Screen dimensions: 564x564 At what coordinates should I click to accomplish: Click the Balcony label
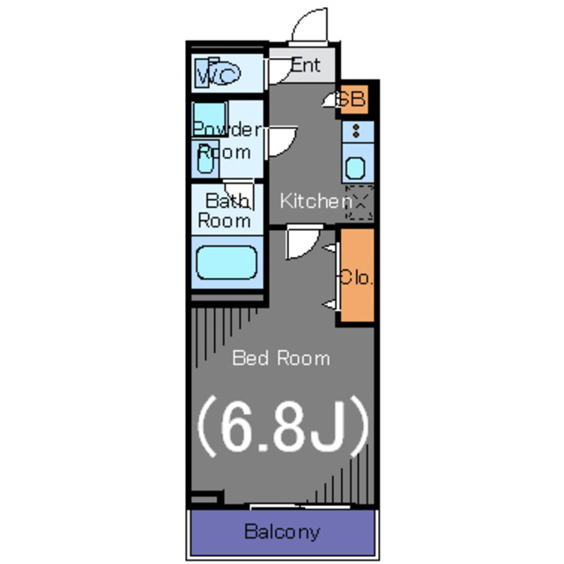click(x=282, y=532)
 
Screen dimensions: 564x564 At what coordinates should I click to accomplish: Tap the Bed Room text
click(x=281, y=359)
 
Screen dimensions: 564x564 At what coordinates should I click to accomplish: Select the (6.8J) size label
click(x=283, y=427)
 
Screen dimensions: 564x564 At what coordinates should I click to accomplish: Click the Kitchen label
click(x=315, y=201)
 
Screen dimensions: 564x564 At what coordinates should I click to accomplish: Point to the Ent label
click(x=306, y=65)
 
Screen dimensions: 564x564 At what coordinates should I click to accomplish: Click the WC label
click(x=219, y=75)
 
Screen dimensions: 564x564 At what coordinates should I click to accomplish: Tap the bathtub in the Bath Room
click(x=226, y=263)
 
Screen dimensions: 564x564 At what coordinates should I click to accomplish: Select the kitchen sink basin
click(x=355, y=168)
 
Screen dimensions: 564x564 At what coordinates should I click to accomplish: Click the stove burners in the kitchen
click(x=356, y=131)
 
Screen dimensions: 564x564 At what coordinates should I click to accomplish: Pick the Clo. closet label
click(x=355, y=278)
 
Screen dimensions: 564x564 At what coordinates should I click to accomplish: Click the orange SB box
click(x=354, y=100)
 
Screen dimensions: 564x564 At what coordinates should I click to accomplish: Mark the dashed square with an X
click(x=360, y=202)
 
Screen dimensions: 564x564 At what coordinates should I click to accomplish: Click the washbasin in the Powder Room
click(x=205, y=160)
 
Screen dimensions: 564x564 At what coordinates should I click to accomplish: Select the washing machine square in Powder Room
click(x=210, y=119)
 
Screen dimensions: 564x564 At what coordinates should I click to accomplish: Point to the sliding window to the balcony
click(x=300, y=507)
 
